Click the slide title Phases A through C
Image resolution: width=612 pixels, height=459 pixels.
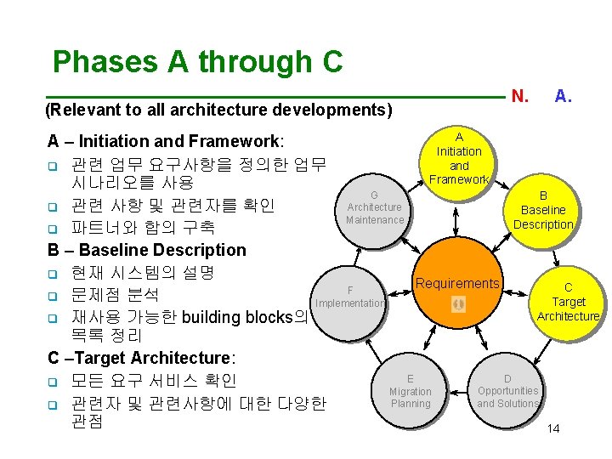click(197, 62)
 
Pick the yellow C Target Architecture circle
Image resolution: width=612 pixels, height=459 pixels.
click(568, 302)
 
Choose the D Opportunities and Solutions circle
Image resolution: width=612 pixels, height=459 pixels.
click(507, 391)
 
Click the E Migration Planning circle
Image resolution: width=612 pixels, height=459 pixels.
click(410, 391)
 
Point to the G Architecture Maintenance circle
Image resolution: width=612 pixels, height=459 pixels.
click(374, 207)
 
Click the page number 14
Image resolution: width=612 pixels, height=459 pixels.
click(553, 428)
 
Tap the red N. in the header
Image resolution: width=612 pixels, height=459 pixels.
click(520, 96)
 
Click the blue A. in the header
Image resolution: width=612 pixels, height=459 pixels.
click(563, 96)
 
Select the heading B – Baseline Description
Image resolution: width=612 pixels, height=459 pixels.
click(147, 250)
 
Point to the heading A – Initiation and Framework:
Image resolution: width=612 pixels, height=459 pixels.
click(166, 141)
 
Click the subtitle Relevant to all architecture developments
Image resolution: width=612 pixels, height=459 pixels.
click(218, 110)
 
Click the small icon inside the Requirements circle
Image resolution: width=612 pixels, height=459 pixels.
click(458, 303)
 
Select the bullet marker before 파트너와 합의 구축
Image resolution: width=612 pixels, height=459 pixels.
click(52, 229)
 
